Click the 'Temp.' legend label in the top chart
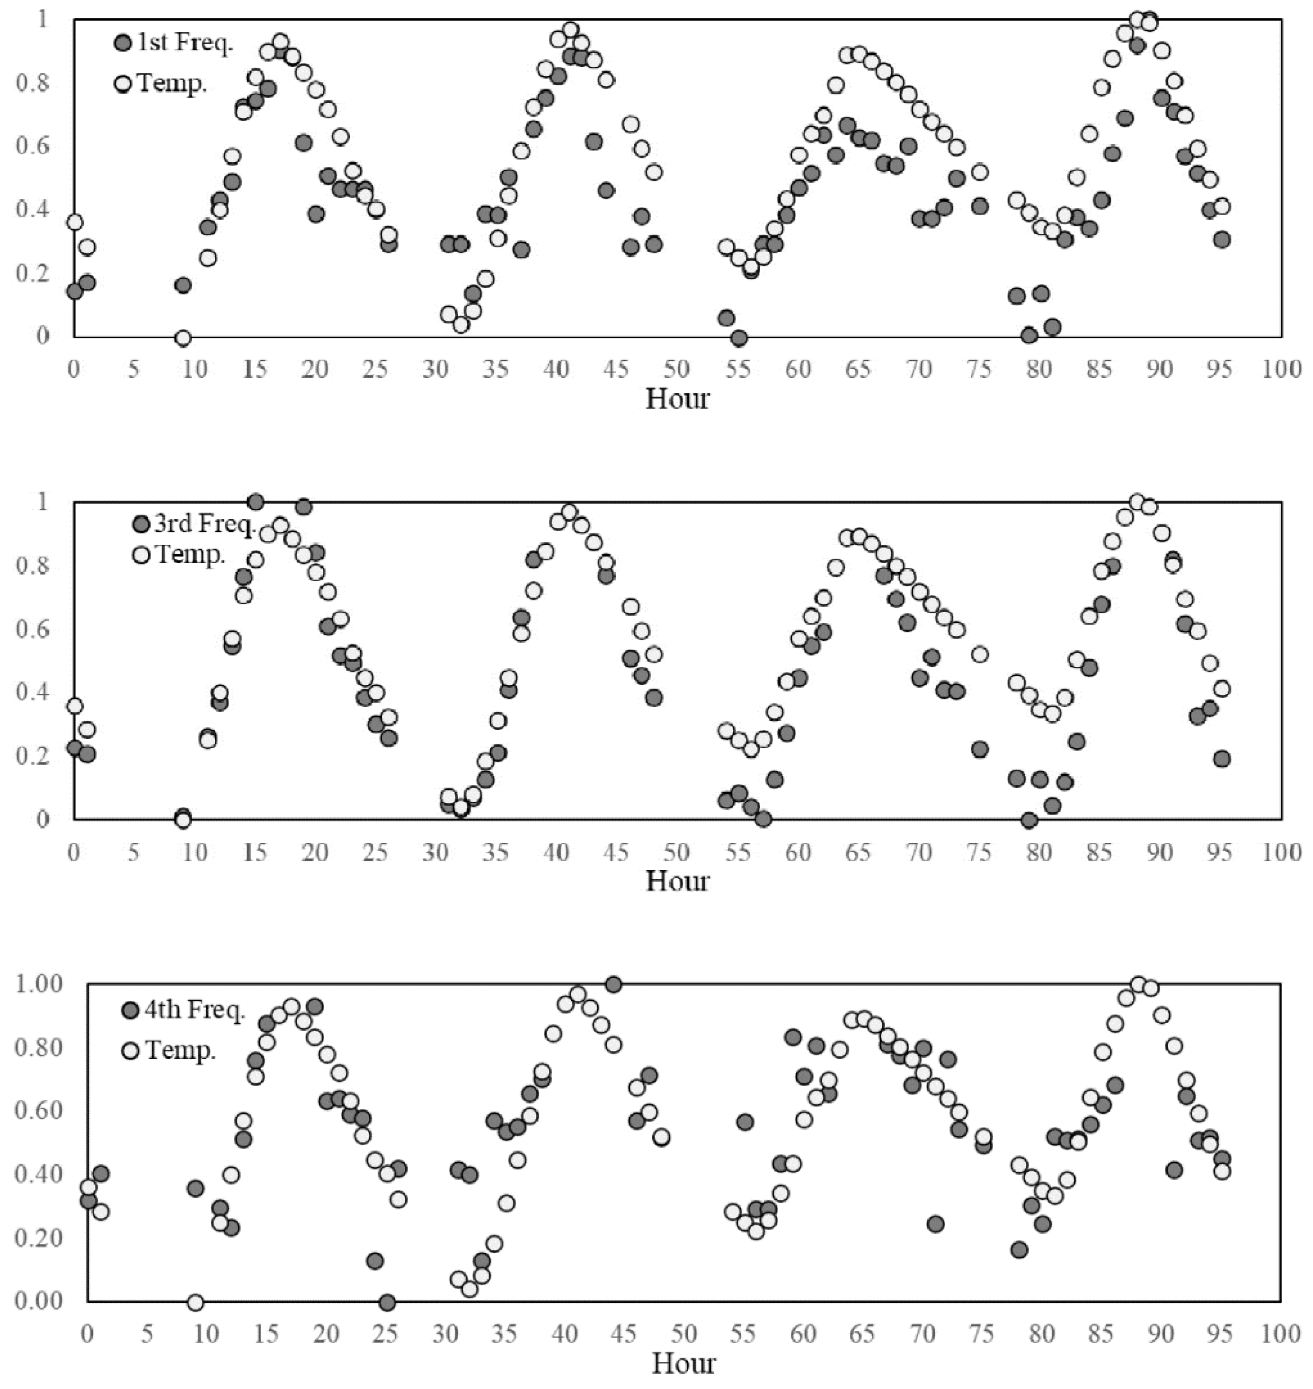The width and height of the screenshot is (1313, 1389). pyautogui.click(x=172, y=84)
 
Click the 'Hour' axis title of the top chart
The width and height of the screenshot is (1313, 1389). pyautogui.click(x=677, y=399)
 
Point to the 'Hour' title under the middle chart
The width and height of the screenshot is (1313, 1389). pyautogui.click(x=677, y=881)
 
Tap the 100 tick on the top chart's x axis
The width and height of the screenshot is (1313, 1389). pyautogui.click(x=1281, y=369)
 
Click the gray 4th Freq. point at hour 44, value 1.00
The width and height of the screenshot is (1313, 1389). pyautogui.click(x=613, y=984)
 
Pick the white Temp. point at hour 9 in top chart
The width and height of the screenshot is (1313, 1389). pyautogui.click(x=183, y=338)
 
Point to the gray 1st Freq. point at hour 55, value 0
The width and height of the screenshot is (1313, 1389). pyautogui.click(x=738, y=338)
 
